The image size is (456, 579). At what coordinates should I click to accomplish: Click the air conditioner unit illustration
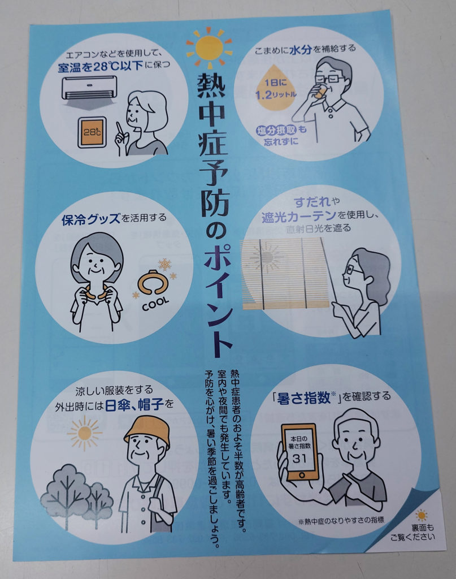[x=89, y=88]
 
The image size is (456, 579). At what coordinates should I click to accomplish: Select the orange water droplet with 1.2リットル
[x=276, y=89]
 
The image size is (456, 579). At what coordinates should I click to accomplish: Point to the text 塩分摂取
[x=277, y=131]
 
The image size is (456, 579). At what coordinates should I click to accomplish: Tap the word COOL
[x=156, y=304]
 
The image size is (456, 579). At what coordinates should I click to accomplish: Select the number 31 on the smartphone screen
[x=299, y=459]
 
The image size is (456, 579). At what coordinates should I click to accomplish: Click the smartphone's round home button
[x=302, y=474]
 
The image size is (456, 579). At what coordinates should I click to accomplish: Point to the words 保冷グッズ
[x=91, y=220]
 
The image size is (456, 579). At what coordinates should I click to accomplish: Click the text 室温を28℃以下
[x=100, y=67]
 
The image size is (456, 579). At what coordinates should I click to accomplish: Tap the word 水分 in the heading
[x=301, y=50]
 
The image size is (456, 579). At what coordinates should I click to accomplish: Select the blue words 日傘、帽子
[x=134, y=405]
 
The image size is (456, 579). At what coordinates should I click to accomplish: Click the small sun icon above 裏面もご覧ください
[x=422, y=515]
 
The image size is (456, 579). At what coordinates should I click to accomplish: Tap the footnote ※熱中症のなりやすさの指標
[x=341, y=521]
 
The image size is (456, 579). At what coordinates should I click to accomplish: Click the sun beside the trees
[x=85, y=433]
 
